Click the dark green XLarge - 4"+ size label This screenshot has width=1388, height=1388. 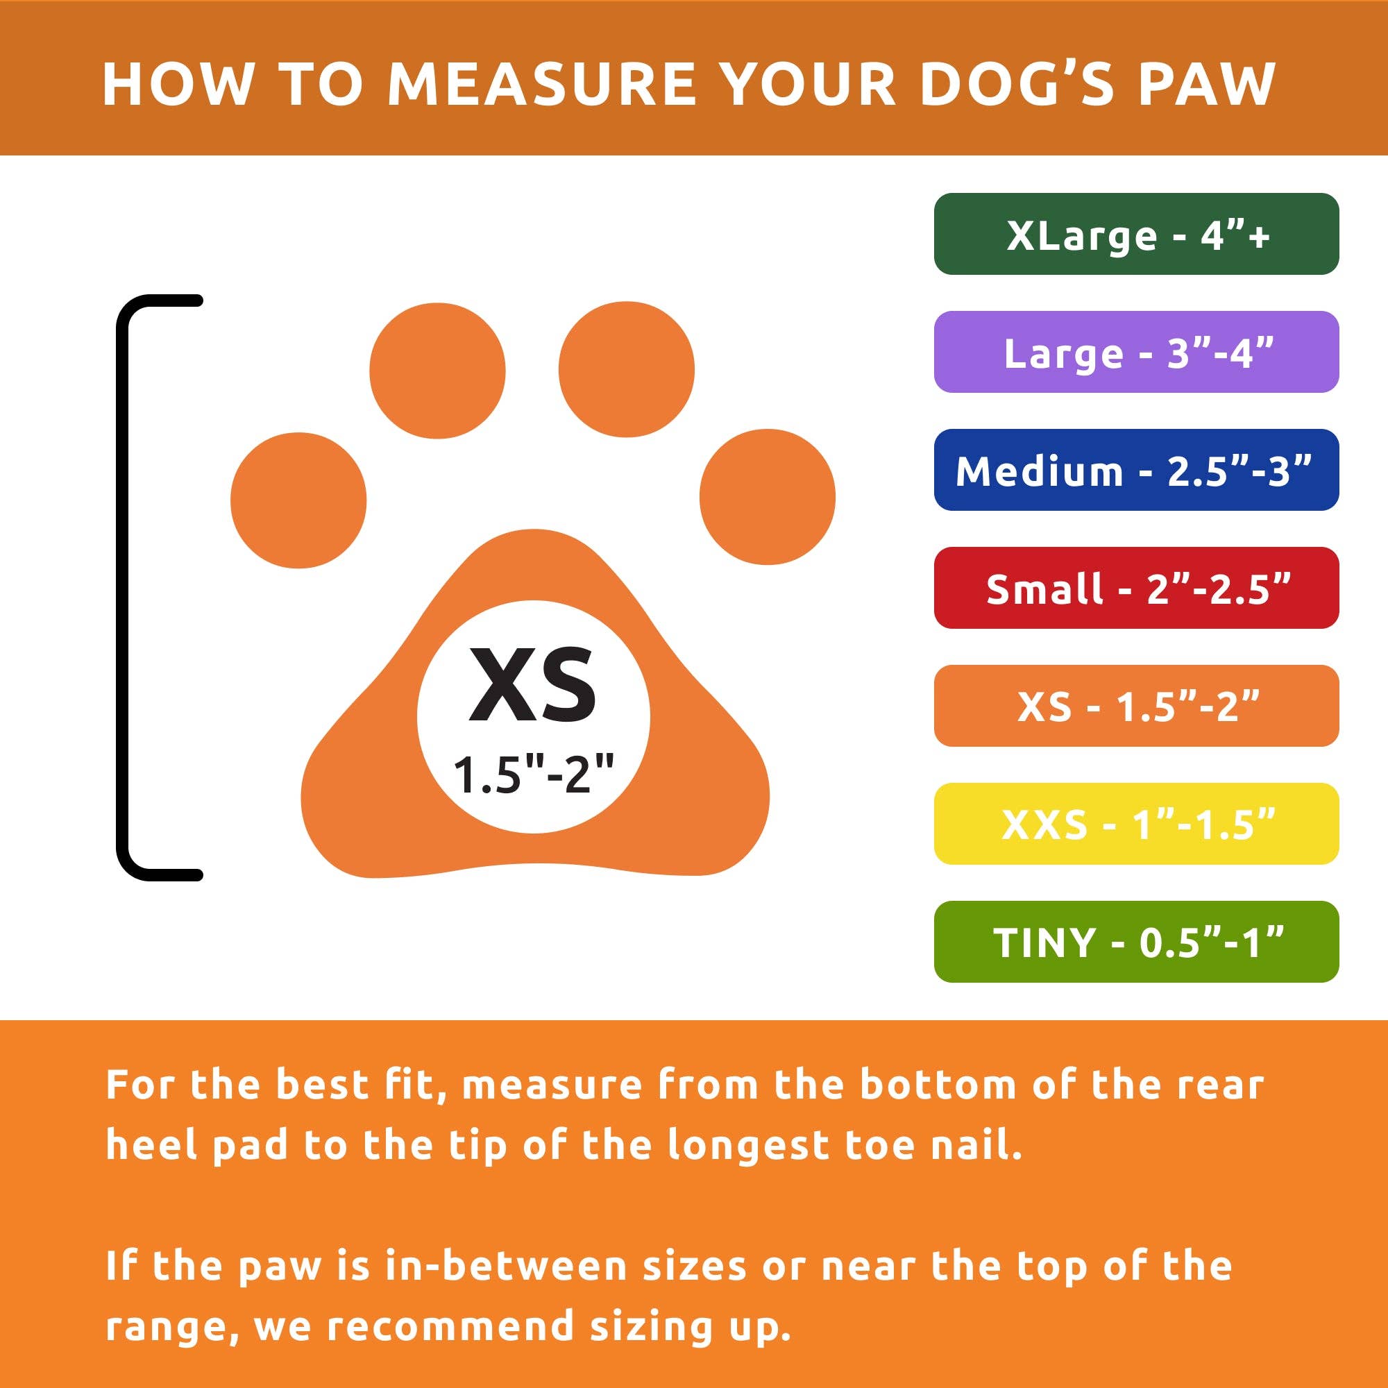coord(1136,234)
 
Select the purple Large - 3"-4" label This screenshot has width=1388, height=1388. coord(1136,352)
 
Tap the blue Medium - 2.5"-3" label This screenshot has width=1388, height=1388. coord(1136,470)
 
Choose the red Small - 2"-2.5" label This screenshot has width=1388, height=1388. coord(1136,588)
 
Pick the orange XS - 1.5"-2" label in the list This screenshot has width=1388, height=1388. coord(1136,706)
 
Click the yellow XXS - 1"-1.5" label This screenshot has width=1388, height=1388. coord(1136,823)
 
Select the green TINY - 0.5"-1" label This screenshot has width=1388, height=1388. coord(1136,941)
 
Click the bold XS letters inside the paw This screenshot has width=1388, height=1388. coord(532,684)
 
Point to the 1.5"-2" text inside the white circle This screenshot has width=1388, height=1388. coord(533,775)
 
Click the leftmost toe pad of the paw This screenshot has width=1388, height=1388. coord(298,500)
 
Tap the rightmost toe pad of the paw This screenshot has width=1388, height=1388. coord(768,496)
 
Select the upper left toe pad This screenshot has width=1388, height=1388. coord(437,371)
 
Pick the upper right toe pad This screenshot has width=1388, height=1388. coord(627,369)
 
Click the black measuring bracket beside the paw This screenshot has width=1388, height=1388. coord(123,588)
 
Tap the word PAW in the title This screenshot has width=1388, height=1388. coord(1205,84)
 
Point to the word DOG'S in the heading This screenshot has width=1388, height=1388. coord(1016,84)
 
